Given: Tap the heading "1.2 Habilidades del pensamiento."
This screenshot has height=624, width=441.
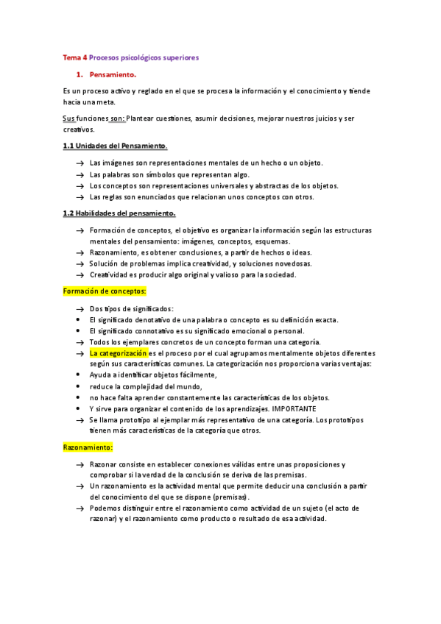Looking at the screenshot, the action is pos(119,213).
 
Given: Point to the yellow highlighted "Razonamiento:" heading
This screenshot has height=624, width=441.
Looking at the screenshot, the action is pos(88,447).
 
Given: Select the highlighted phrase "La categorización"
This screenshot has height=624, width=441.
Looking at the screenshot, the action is pos(117,353).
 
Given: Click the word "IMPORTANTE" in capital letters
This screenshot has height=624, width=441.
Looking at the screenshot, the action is pos(294,408).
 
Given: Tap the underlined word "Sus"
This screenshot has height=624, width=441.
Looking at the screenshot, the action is pos(69,118).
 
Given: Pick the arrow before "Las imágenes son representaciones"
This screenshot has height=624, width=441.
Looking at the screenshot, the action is pos(79,163).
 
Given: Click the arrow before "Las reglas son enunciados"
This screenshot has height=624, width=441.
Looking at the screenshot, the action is pos(79,197).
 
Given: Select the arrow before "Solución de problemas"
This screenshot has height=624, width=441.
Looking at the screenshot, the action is pos(79,263).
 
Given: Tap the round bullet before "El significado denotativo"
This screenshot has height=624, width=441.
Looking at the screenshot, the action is pos(79,320).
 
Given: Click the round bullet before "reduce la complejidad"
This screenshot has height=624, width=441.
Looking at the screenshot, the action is pos(79,386).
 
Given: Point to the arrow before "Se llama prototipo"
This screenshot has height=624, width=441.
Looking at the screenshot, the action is pos(79,419).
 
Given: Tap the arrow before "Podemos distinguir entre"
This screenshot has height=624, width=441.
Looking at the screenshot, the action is pos(79,508).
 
